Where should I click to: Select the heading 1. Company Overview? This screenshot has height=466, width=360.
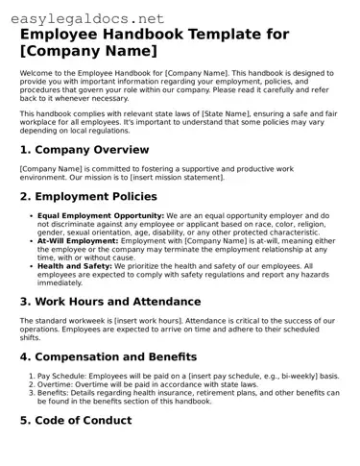(84, 150)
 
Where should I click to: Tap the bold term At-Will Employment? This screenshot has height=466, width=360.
(81, 241)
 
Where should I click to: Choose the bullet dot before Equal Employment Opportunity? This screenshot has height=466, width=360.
(31, 215)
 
